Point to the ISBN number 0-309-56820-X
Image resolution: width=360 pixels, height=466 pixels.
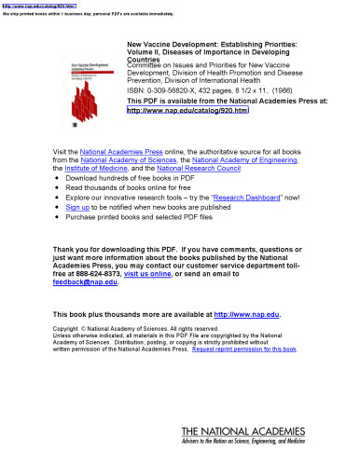162,91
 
